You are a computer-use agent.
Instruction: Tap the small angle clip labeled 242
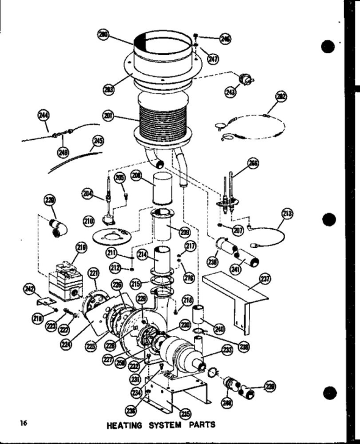click(43, 303)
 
